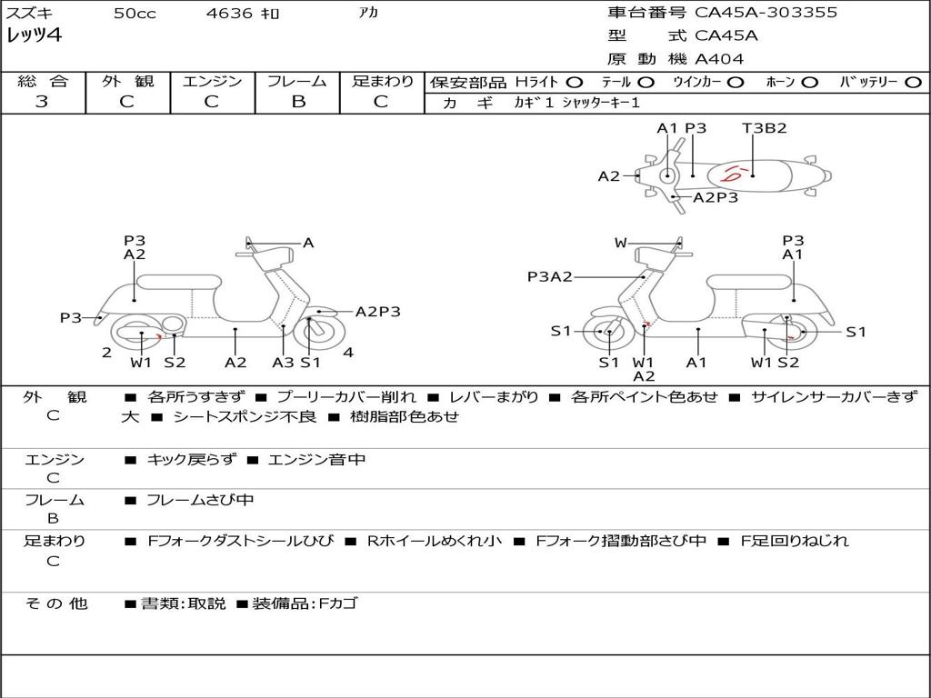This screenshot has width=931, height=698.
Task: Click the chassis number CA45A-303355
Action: pyautogui.click(x=766, y=13)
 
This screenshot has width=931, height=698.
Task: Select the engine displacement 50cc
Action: pyautogui.click(x=135, y=14)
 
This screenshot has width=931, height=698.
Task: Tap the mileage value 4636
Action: pyautogui.click(x=230, y=14)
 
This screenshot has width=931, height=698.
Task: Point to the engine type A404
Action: pyautogui.click(x=719, y=59)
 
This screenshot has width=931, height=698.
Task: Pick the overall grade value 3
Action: pyautogui.click(x=42, y=102)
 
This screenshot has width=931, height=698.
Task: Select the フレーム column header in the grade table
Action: pyautogui.click(x=297, y=81)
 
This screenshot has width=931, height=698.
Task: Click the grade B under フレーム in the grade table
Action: pyautogui.click(x=297, y=102)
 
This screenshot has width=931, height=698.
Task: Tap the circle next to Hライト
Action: pyautogui.click(x=575, y=82)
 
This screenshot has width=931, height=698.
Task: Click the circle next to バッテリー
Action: pyautogui.click(x=913, y=82)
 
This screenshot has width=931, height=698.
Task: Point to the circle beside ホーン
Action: pyautogui.click(x=809, y=82)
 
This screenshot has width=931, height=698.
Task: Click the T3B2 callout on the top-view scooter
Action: pyautogui.click(x=764, y=128)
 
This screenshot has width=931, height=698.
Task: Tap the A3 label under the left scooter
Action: pyautogui.click(x=283, y=363)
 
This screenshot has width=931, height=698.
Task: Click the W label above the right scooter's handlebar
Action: pyautogui.click(x=621, y=243)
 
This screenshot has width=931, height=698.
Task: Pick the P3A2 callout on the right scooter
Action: pyautogui.click(x=549, y=277)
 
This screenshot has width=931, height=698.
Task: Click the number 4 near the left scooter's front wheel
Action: pyautogui.click(x=348, y=353)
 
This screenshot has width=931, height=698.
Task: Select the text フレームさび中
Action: pyautogui.click(x=200, y=500)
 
